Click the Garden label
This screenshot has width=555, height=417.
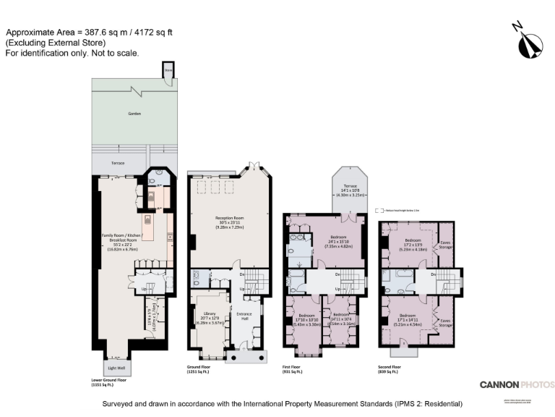tap(134, 114)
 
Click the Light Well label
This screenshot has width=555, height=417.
tap(118, 369)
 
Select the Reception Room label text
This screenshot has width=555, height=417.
tap(229, 217)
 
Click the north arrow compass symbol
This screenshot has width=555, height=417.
tap(527, 41)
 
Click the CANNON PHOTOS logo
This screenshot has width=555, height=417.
tap(517, 384)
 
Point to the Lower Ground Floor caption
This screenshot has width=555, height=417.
tap(109, 379)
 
